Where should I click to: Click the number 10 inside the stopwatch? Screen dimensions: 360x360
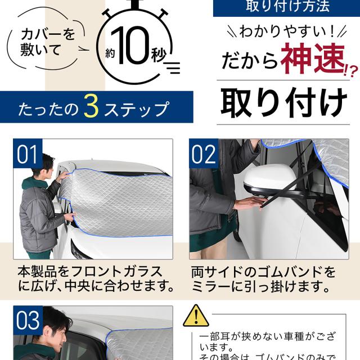click(x=130, y=46)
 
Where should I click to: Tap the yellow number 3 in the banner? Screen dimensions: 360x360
click(x=91, y=106)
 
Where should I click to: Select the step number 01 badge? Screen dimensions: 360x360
click(x=28, y=153)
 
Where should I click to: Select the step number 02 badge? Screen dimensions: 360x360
click(x=204, y=153)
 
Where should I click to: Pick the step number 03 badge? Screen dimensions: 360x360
click(x=28, y=320)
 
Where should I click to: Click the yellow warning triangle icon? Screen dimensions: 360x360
click(x=196, y=316)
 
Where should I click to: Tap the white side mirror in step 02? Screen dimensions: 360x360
click(x=270, y=179)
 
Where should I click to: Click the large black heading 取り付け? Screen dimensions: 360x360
click(x=283, y=103)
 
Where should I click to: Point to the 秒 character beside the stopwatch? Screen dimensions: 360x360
click(x=159, y=55)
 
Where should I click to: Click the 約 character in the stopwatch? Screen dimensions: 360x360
click(x=110, y=54)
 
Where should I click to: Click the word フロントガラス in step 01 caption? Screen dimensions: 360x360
click(x=116, y=271)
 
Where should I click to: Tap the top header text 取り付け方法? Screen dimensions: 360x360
click(x=287, y=6)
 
